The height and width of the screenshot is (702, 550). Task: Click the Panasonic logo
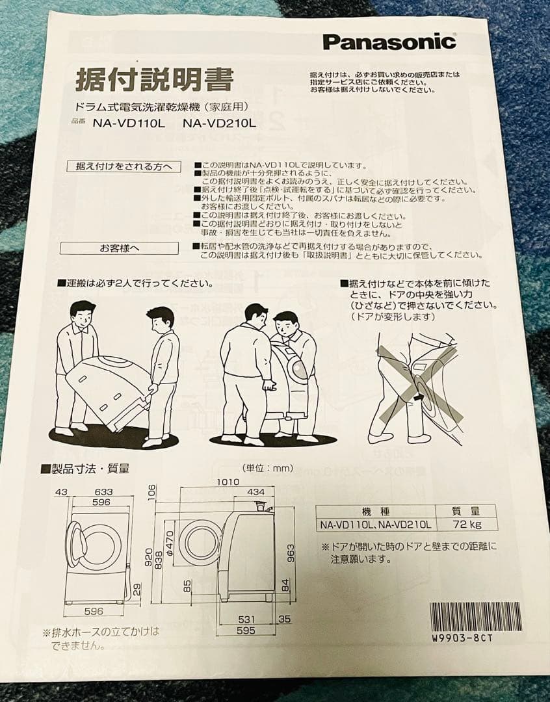pyautogui.click(x=389, y=42)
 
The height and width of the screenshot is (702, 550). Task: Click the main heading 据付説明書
pyautogui.click(x=154, y=81)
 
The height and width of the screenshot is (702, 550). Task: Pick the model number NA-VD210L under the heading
pyautogui.click(x=220, y=122)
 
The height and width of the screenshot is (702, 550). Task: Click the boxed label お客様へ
pyautogui.click(x=119, y=248)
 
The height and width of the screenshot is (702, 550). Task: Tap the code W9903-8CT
pyautogui.click(x=462, y=638)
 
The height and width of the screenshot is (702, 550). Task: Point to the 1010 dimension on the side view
pyautogui.click(x=228, y=482)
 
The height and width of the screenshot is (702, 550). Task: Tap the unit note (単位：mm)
pyautogui.click(x=267, y=467)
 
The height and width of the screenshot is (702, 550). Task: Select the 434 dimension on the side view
pyautogui.click(x=255, y=491)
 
